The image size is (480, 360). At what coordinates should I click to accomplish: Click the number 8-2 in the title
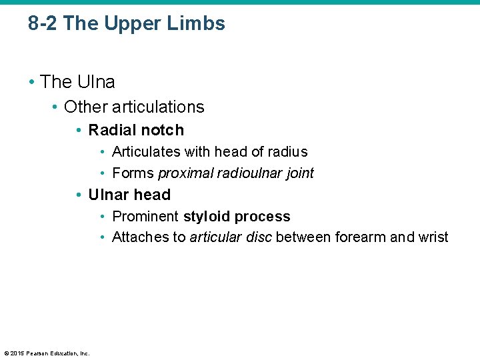(43, 24)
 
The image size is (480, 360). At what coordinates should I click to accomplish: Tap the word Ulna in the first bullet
(96, 82)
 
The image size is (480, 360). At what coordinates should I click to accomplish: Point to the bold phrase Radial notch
(136, 130)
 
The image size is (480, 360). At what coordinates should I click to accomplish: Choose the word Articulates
(143, 152)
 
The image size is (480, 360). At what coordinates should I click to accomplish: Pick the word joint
(300, 173)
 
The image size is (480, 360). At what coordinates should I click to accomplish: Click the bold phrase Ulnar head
(129, 195)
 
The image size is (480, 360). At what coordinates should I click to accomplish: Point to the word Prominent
(145, 217)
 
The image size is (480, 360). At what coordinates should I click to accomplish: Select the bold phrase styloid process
(237, 217)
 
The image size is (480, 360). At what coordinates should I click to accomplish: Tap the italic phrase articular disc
(231, 237)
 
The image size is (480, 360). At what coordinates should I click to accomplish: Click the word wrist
(433, 237)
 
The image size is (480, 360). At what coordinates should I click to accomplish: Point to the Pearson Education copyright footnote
(47, 353)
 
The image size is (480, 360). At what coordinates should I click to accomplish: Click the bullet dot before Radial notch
(79, 131)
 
